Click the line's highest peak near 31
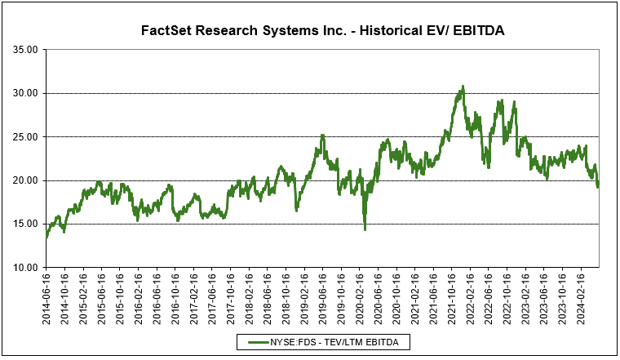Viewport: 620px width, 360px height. tap(463, 86)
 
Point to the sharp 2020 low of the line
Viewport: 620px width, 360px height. tap(365, 229)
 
